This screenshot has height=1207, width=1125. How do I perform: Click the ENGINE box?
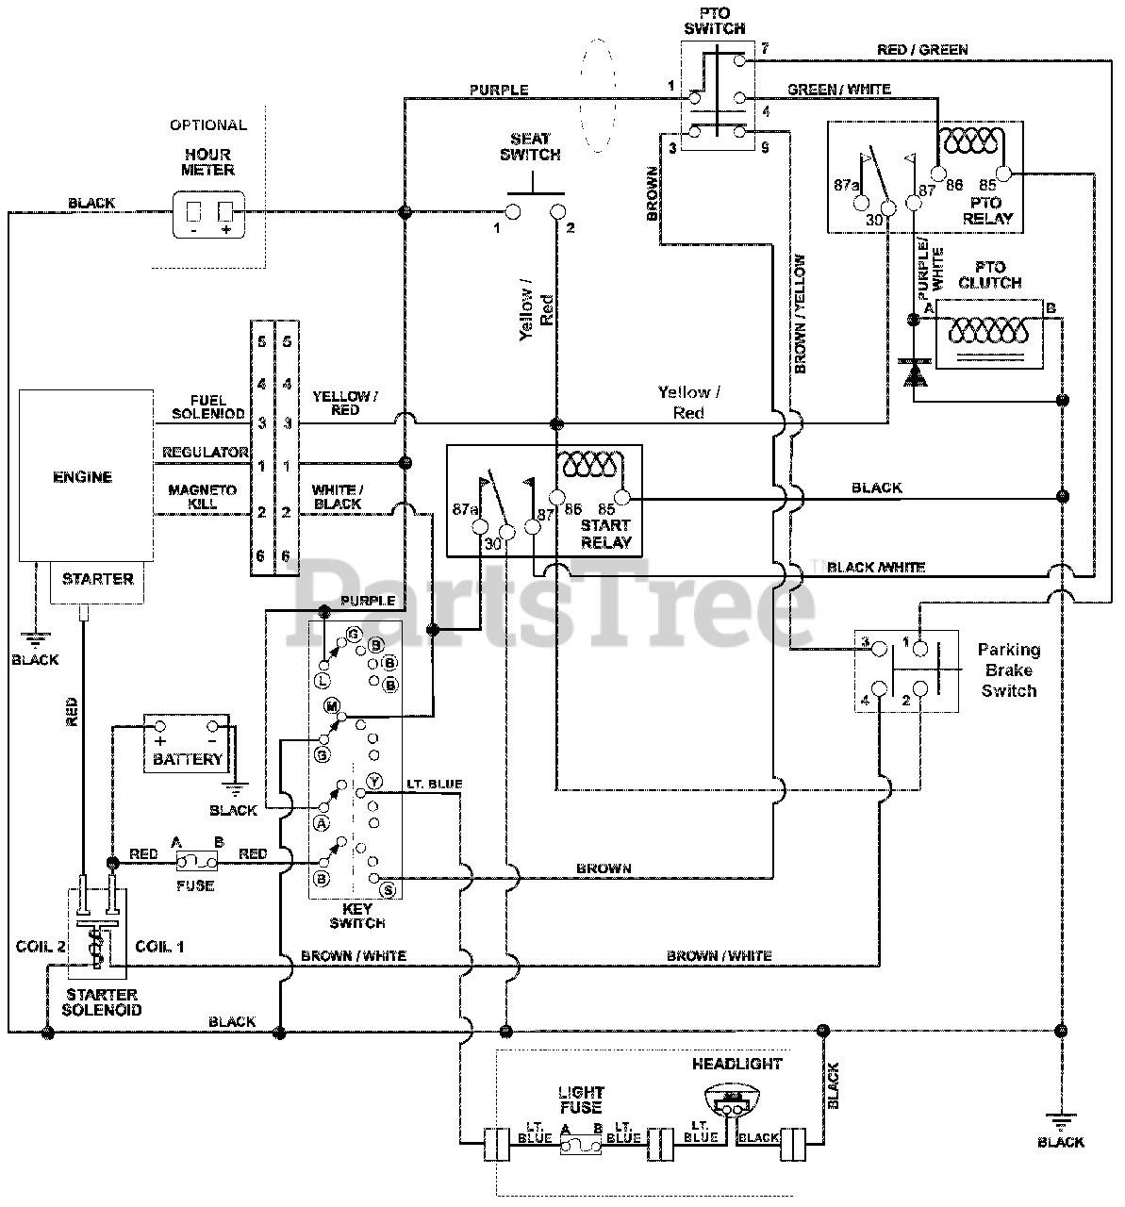(x=86, y=475)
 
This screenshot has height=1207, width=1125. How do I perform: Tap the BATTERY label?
(x=188, y=759)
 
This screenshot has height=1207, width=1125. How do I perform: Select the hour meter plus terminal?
(x=225, y=212)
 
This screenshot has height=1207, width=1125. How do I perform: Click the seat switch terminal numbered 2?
(x=557, y=211)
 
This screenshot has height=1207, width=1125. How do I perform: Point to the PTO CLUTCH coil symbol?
(x=988, y=331)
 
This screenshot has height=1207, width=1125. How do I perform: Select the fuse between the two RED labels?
(x=196, y=861)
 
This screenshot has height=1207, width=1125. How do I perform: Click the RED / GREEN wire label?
(x=922, y=50)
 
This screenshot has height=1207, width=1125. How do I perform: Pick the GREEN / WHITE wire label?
(x=838, y=90)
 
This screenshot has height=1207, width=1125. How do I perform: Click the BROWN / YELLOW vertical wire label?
(x=800, y=314)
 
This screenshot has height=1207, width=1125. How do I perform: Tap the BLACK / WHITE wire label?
(x=876, y=567)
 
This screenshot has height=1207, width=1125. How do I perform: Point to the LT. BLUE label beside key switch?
(x=434, y=784)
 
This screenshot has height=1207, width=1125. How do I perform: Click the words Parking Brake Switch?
(x=1008, y=670)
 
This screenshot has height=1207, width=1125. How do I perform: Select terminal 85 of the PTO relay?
(x=1004, y=174)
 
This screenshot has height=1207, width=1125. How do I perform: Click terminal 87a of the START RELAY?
(x=480, y=526)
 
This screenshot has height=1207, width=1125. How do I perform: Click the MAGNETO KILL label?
(x=203, y=497)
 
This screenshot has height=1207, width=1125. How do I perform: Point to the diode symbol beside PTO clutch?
(x=913, y=372)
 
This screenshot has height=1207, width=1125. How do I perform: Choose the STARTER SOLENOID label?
(x=102, y=1002)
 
